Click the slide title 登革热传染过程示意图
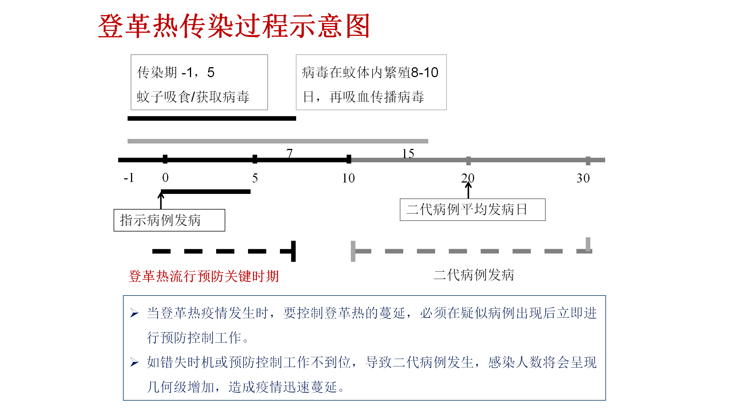(234, 26)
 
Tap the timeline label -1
(129, 178)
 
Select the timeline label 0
(165, 178)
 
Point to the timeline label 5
(255, 178)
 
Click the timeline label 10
(348, 178)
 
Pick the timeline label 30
(583, 178)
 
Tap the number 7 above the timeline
(290, 153)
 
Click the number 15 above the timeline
(408, 154)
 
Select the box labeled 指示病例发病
(169, 220)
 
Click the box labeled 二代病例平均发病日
(472, 210)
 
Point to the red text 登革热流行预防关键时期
(204, 276)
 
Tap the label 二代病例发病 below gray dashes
(474, 275)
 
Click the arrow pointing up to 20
(468, 190)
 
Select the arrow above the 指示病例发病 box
(161, 200)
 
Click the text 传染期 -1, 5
(176, 72)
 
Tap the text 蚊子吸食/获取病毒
(193, 97)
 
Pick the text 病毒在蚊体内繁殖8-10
(370, 72)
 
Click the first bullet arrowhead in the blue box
(134, 313)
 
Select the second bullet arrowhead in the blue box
(134, 362)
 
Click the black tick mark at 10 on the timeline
(349, 159)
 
